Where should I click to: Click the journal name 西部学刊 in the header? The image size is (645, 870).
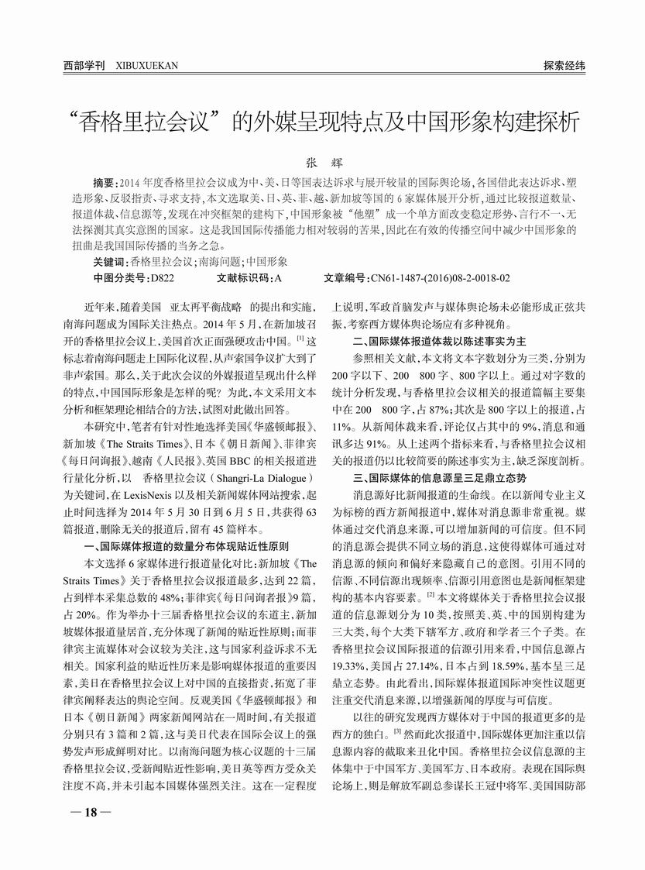[84, 65]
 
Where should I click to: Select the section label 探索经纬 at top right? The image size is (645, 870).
[564, 65]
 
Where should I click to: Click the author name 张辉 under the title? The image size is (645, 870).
[322, 163]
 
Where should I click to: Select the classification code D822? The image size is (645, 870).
[160, 277]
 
